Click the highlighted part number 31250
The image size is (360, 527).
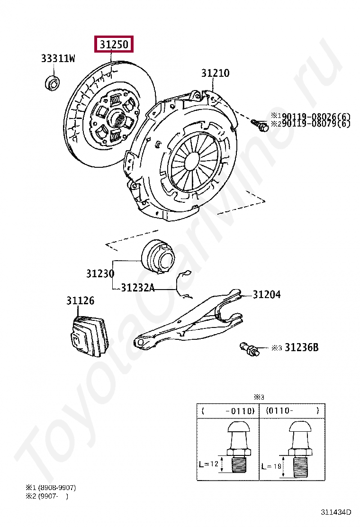pos(114,45)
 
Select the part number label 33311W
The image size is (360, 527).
pos(58,59)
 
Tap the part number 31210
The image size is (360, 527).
pos(215,73)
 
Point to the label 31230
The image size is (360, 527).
pos(100,274)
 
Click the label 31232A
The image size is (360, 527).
pos(137,287)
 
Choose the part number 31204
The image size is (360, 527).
pos(266,294)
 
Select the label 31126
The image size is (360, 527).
pos(80,300)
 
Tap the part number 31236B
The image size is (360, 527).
pos(301,347)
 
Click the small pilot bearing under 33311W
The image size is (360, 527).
pos(52,82)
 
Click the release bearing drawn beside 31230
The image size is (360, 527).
pos(157,257)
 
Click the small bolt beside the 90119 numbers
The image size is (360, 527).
pos(261,125)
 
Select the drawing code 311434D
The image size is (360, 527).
pos(336,512)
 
